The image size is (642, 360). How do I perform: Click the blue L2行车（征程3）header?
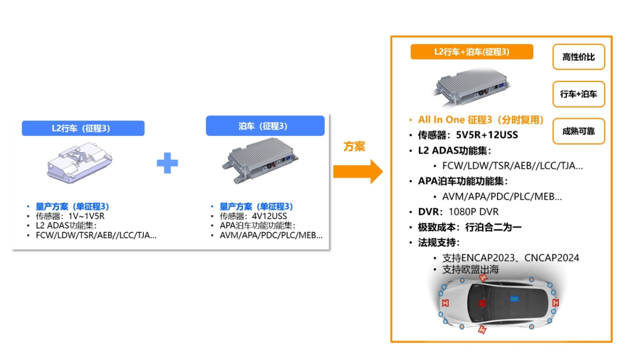tap(83, 128)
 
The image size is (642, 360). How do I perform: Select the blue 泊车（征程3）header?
tap(265, 126)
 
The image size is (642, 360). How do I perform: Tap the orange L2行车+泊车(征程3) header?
tap(471, 52)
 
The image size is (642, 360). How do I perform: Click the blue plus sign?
tap(168, 162)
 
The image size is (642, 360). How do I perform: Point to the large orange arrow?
tap(357, 170)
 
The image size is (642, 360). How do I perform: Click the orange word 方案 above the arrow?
tap(354, 146)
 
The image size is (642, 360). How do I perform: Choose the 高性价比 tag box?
tap(578, 57)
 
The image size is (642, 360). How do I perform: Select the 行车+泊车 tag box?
tap(578, 94)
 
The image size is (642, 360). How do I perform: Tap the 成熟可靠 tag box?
tap(578, 131)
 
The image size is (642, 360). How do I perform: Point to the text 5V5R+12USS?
tap(487, 135)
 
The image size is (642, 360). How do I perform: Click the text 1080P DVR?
tap(473, 212)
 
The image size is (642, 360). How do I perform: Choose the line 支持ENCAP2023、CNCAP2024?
tap(511, 258)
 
